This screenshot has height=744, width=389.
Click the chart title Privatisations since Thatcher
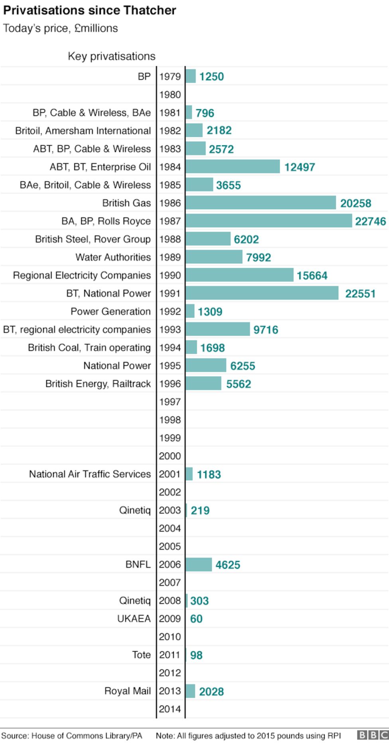[89, 10]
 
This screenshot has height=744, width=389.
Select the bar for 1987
[268, 221]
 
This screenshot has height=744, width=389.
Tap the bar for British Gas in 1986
[260, 203]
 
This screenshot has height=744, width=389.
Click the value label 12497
[299, 167]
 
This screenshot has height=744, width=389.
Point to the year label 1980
[170, 94]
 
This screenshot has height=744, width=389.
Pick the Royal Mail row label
[128, 691]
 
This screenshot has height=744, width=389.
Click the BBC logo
[372, 735]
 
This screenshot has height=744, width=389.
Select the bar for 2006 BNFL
[198, 564]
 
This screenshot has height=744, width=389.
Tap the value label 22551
[360, 294]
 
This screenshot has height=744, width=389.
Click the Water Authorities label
[113, 257]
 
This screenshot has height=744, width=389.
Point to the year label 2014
[170, 709]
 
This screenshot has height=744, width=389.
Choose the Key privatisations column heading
[112, 56]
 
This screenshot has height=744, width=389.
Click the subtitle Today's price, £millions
[61, 28]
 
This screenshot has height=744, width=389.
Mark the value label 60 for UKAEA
[196, 618]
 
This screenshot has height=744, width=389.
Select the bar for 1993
[218, 329]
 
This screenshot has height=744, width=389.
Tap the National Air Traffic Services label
[90, 474]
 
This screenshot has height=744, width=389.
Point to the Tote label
[141, 655]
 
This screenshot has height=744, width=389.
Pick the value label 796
[205, 113]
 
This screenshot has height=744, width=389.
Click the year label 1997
[170, 402]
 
